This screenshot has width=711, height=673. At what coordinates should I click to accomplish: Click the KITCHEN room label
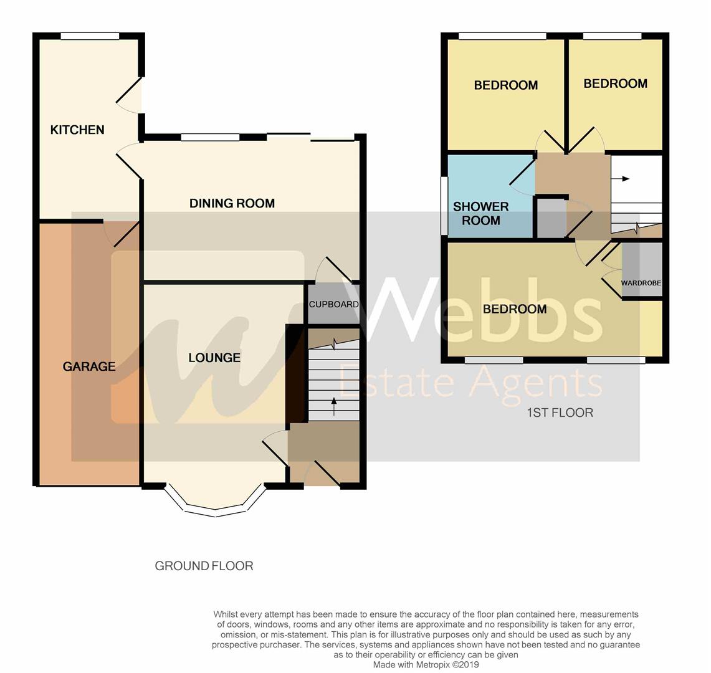click(x=77, y=130)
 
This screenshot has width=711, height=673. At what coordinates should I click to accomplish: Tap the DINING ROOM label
click(x=232, y=203)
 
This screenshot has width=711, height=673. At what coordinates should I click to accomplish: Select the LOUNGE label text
click(x=214, y=358)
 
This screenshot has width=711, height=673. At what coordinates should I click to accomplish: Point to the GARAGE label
click(x=89, y=366)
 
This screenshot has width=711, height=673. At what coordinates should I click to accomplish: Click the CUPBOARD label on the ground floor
click(x=334, y=304)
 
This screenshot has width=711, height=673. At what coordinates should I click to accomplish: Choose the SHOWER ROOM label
click(x=480, y=213)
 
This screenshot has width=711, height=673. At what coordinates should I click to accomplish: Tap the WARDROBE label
click(x=641, y=283)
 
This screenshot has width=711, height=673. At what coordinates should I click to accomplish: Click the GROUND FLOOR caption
click(x=204, y=566)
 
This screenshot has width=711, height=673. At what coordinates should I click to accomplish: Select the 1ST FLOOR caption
click(x=560, y=413)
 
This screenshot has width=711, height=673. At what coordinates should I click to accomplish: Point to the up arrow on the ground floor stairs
click(x=334, y=407)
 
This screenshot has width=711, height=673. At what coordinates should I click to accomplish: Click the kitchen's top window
click(x=90, y=37)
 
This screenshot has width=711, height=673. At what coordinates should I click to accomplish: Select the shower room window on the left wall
click(x=444, y=206)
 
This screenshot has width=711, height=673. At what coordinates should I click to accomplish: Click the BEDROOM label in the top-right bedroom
click(x=615, y=84)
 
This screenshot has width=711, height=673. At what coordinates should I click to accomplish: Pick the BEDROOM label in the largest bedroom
click(x=515, y=309)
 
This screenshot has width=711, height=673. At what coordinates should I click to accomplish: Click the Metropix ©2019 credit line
click(x=426, y=665)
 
